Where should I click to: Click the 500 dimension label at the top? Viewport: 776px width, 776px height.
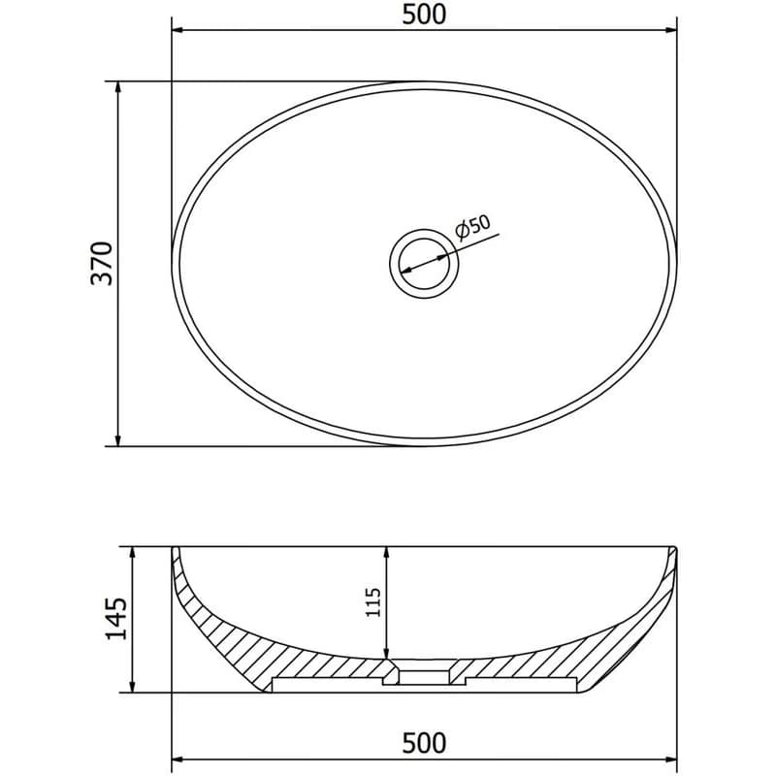click(424, 14)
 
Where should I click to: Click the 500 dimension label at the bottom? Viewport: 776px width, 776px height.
click(424, 743)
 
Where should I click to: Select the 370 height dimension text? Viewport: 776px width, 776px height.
click(102, 263)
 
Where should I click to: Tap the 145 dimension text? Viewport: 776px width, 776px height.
click(116, 619)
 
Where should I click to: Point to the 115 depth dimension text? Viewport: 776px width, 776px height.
click(372, 601)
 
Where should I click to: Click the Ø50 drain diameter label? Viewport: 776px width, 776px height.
click(472, 227)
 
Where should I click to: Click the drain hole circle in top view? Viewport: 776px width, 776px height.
click(424, 264)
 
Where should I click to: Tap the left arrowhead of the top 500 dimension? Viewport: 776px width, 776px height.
click(178, 30)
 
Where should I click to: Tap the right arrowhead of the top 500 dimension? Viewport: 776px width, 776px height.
click(670, 30)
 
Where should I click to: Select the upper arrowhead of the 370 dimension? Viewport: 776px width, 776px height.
click(117, 87)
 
